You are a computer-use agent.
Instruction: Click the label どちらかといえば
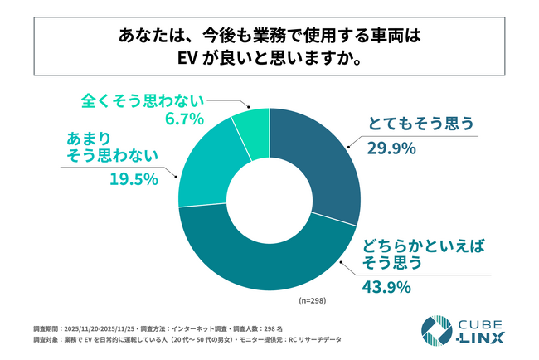412,245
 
